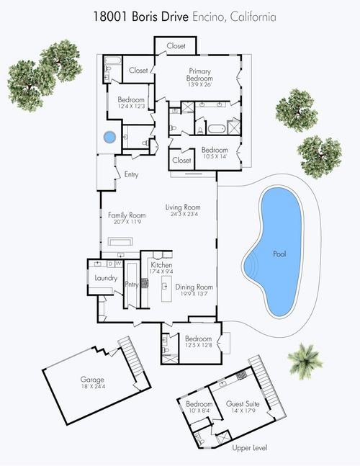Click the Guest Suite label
(x=240, y=404)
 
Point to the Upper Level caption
(x=249, y=448)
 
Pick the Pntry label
(x=131, y=284)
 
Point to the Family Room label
(x=127, y=215)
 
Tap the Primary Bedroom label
(x=199, y=75)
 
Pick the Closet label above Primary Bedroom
(x=176, y=46)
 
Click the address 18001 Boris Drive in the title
(x=143, y=15)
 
